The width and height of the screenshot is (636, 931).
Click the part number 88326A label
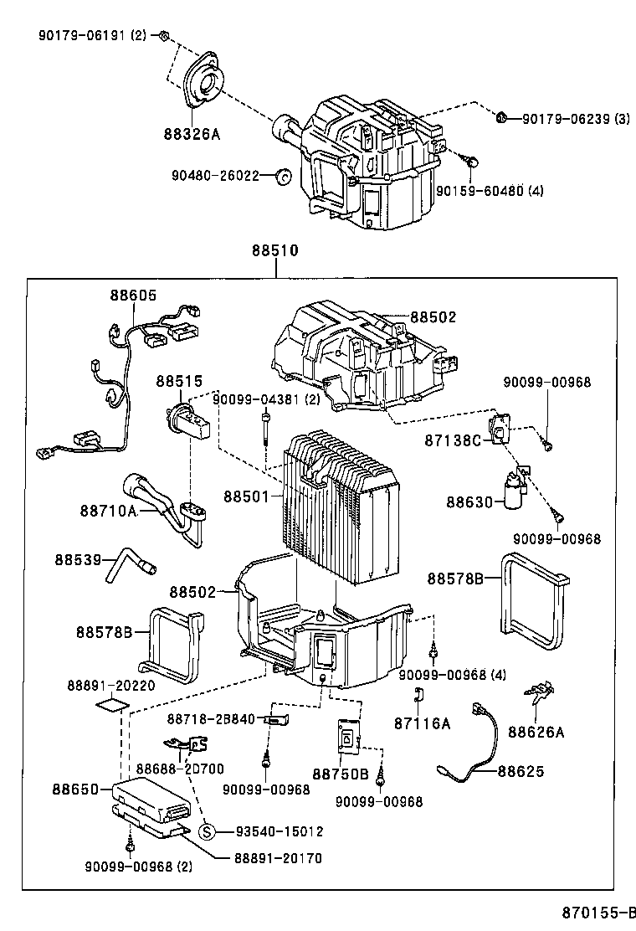click(192, 133)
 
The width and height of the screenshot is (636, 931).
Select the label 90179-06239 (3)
click(576, 120)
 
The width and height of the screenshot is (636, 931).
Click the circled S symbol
click(208, 831)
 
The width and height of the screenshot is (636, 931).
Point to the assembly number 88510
click(275, 250)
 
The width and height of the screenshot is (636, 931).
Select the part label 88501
click(246, 496)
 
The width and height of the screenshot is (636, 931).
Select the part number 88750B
click(341, 774)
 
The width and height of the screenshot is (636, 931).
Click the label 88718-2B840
click(210, 719)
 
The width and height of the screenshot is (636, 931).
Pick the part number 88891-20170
click(276, 857)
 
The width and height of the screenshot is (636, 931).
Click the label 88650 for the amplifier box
click(75, 789)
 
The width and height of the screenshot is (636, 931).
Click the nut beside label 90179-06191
click(165, 35)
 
